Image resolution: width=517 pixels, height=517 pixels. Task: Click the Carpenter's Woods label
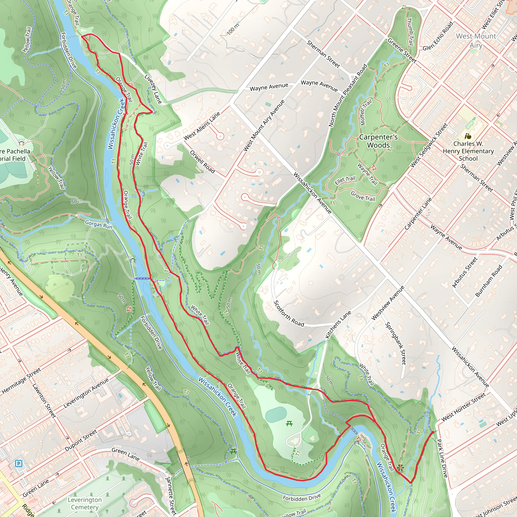[378, 141]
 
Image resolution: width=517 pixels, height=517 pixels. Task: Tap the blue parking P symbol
[18, 463]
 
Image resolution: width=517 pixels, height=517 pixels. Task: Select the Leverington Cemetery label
[85, 503]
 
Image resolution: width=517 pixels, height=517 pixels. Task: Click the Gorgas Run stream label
[99, 224]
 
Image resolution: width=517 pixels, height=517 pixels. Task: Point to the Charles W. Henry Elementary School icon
[468, 136]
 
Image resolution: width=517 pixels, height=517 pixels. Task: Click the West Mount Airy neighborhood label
[476, 40]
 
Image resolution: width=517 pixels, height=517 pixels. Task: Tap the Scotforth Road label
[289, 314]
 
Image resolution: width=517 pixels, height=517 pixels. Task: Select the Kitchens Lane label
[338, 325]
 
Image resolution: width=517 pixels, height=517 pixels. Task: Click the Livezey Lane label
[153, 89]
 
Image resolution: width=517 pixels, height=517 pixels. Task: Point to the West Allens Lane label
[202, 125]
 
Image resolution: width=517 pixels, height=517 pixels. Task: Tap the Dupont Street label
[81, 440]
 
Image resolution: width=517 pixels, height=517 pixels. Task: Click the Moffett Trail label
[366, 112]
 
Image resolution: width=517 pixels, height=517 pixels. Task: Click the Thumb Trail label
[410, 32]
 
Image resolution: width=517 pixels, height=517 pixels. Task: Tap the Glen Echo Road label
[438, 36]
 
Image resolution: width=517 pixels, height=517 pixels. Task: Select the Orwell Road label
[202, 162]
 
